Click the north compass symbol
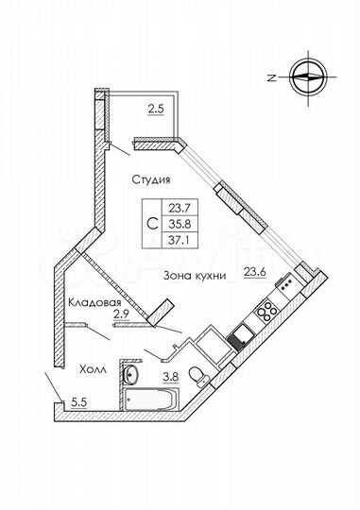309,78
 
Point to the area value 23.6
254,273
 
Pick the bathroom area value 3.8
173,378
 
